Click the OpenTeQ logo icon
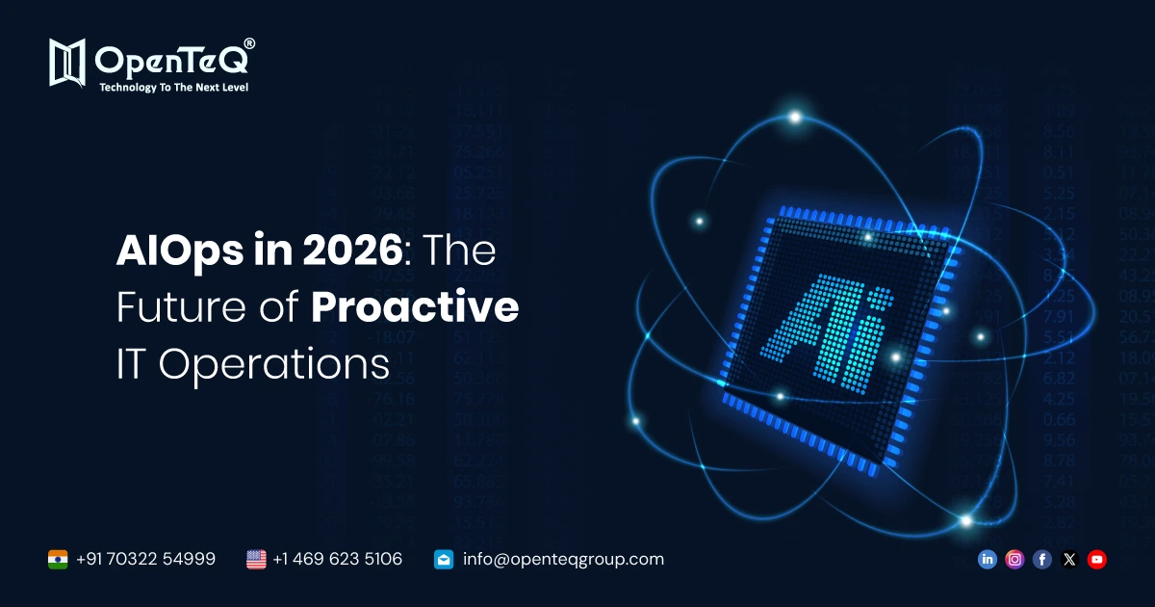point(68,63)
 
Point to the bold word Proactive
point(415,308)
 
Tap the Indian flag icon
point(58,559)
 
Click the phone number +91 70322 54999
point(145,559)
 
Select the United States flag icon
point(256,559)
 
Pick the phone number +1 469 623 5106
point(337,559)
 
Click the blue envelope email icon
point(444,559)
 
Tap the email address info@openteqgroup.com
point(563,559)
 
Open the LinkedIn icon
point(987,559)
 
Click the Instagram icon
point(1014,559)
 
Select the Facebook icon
point(1041,559)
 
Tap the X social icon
point(1069,559)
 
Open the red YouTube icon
point(1096,559)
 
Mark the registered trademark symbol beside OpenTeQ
point(249,44)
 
